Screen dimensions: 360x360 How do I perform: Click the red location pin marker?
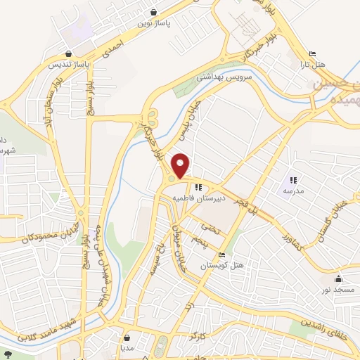tap(181, 166)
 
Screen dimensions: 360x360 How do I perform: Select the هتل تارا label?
tap(314, 65)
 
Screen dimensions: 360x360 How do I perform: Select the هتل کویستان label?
tap(222, 266)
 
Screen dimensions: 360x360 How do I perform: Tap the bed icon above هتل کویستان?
tap(222, 255)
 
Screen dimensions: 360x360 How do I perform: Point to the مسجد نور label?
tap(338, 288)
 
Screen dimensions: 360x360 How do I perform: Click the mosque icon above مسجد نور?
tap(339, 278)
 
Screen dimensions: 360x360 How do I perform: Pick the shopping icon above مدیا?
tap(127, 337)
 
